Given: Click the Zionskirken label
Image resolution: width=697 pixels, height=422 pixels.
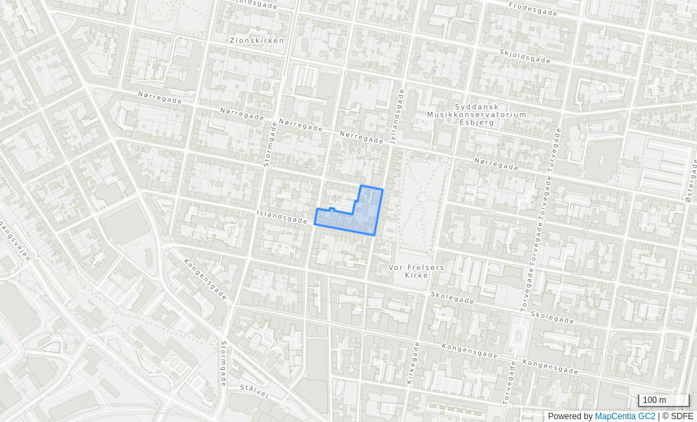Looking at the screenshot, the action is click(257, 41).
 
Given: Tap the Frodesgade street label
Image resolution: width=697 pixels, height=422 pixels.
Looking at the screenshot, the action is click(532, 8).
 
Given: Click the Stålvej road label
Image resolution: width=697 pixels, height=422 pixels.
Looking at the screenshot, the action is click(255, 390).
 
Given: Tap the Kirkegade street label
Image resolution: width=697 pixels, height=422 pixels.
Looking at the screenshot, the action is click(412, 362).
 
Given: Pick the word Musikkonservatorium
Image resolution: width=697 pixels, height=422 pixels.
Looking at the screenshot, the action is click(476, 114).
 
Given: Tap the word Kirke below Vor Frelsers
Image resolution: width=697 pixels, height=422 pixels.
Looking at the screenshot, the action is click(416, 275).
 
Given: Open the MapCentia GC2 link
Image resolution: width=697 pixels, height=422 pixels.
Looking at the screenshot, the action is click(625, 416).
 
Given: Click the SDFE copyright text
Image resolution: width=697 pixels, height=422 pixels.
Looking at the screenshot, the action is click(677, 416).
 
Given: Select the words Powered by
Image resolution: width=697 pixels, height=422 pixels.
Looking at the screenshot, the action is click(570, 416).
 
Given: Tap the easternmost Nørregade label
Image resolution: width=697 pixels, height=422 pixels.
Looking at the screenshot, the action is click(496, 164).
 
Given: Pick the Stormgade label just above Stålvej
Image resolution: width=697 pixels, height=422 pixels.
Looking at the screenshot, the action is click(224, 364).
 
